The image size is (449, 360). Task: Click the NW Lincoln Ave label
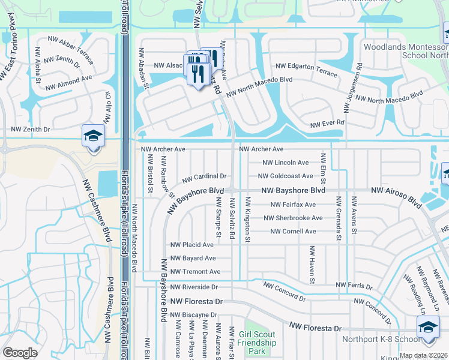286,163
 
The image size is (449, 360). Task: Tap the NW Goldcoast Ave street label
285,176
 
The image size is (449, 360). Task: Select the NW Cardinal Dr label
204,177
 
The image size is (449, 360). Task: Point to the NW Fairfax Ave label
293,205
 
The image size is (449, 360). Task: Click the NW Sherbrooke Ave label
297,218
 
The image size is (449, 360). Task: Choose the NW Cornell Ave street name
293,232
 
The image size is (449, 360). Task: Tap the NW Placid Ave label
192,245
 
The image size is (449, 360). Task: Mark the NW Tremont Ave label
195,272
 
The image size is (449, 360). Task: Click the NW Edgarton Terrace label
306,68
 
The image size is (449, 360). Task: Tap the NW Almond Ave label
68,82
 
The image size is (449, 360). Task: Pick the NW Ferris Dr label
355,284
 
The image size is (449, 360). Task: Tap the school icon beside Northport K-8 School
428,329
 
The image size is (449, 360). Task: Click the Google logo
20,353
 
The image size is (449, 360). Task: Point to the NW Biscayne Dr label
193,314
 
